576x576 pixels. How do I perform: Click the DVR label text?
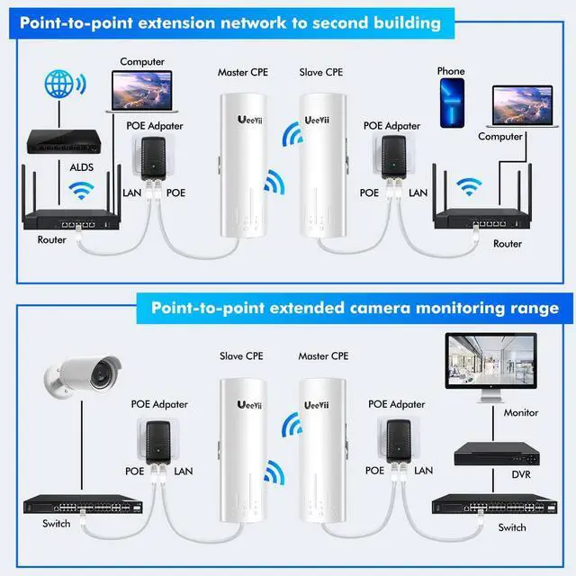pos(495,474)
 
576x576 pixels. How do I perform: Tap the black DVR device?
pos(494,453)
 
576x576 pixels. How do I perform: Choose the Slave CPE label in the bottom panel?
pos(240,356)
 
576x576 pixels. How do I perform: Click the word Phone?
pos(451,71)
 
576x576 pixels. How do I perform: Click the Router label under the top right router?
pos(508,244)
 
